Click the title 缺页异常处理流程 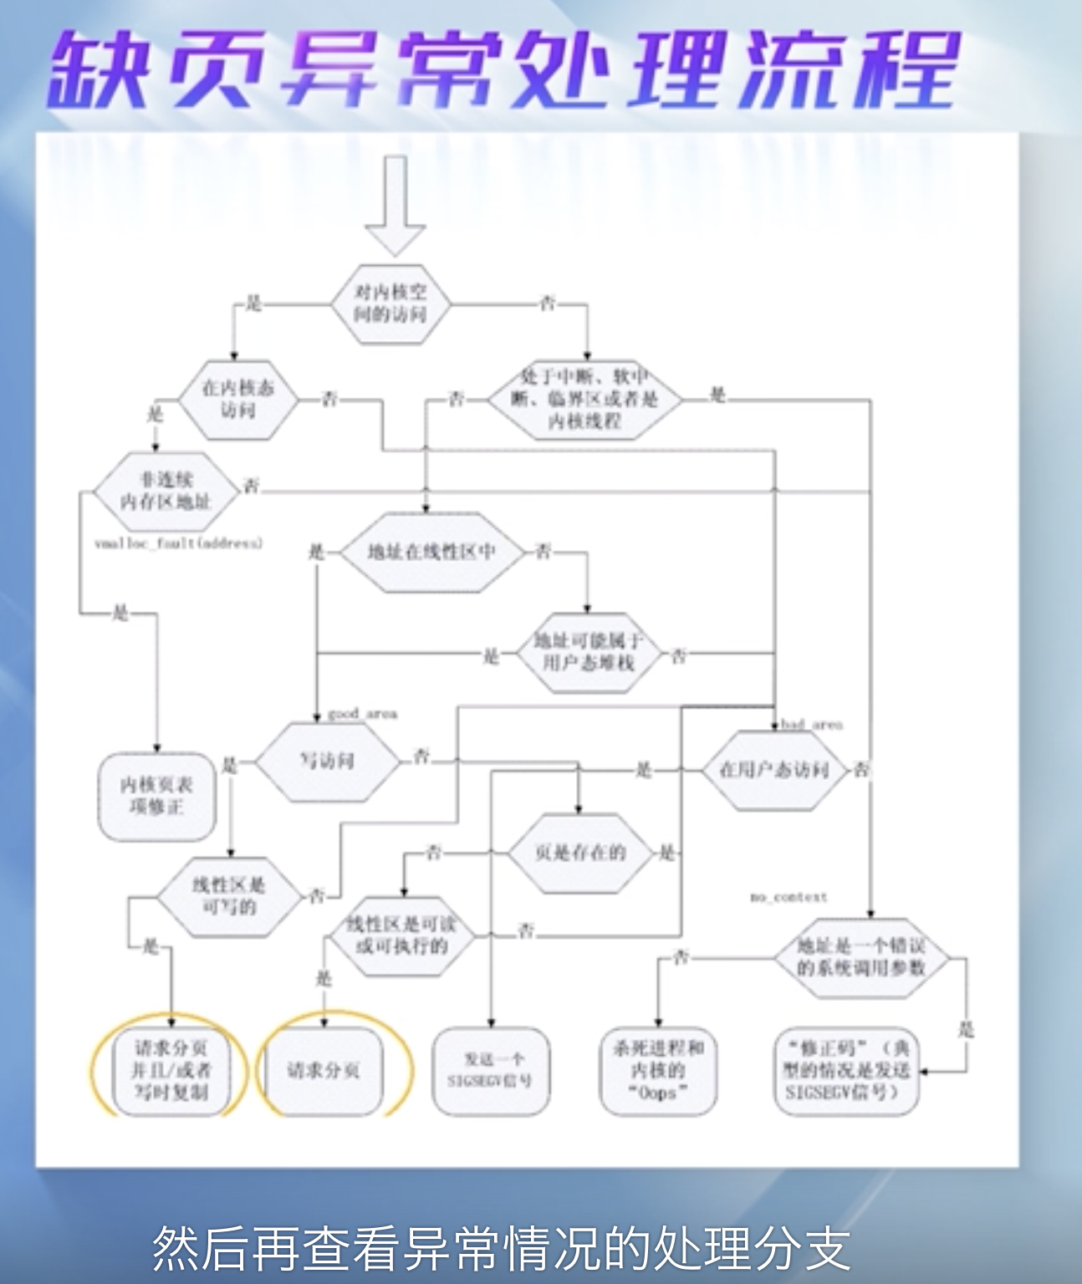502,71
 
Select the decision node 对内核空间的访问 390,303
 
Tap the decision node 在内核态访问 237,399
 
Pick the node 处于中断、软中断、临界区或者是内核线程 584,400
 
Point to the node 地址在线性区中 431,553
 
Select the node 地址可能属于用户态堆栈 588,652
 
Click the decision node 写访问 327,760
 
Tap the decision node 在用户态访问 773,770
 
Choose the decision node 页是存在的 579,853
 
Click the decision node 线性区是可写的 229,896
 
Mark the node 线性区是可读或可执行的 402,935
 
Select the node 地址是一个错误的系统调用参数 860,956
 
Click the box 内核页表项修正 156,796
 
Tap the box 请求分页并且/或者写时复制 171,1070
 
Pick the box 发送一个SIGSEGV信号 492,1070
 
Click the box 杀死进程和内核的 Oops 658,1070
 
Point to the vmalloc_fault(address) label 178,543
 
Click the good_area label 362,714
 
